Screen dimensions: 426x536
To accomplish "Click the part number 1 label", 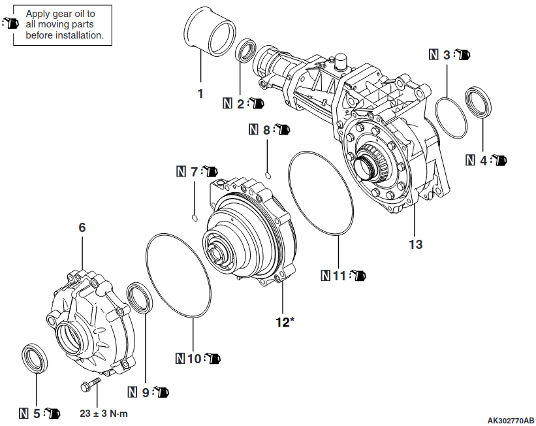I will click(x=200, y=93).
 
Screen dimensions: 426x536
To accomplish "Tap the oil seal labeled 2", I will click(x=246, y=50).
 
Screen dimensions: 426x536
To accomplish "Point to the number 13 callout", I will click(x=416, y=244).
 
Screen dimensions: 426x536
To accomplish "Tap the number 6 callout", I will click(x=82, y=227).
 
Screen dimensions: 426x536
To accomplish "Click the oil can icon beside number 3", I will click(x=462, y=54).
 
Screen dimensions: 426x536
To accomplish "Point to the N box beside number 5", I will click(x=24, y=413).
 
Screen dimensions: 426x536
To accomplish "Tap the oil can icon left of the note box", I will click(x=10, y=23).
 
